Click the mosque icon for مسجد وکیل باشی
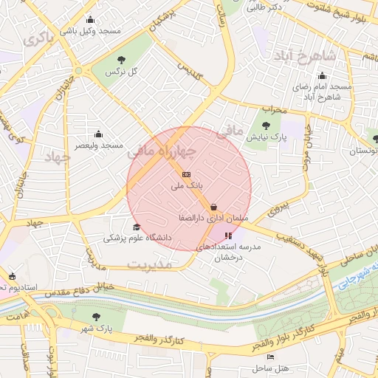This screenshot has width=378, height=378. [x=90, y=20]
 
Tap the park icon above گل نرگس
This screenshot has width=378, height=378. [x=122, y=59]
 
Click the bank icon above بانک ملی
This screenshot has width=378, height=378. [x=185, y=174]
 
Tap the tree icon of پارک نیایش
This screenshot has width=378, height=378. [x=266, y=125]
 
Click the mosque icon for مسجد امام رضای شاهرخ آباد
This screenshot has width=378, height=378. [x=322, y=75]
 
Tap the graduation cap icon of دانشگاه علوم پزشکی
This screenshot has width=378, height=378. [x=136, y=227]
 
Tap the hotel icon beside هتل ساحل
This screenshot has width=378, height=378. [x=270, y=357]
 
